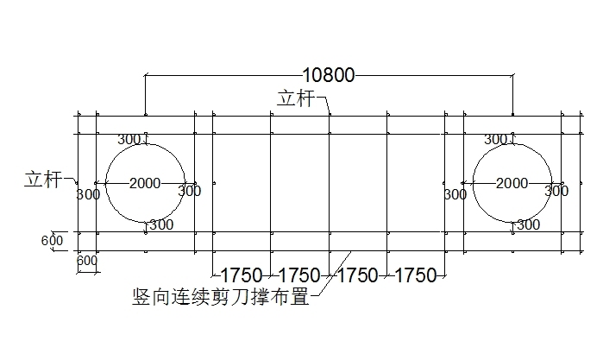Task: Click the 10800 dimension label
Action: tap(329, 76)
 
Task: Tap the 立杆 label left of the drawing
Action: tap(42, 180)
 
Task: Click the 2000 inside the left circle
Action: tap(145, 183)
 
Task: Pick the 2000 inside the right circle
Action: tap(512, 183)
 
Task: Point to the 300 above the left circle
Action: tap(129, 139)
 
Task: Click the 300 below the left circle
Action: tap(162, 224)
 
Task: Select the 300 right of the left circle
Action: tap(190, 192)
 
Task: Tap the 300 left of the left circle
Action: tap(88, 194)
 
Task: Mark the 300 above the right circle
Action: tap(496, 139)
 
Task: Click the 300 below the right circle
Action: tap(529, 224)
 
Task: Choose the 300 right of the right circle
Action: tap(557, 192)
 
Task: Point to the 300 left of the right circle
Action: tap(455, 194)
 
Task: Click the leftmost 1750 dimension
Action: tap(242, 275)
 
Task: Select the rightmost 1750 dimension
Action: tap(416, 275)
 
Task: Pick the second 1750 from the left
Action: tap(299, 275)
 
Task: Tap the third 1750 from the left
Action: tap(357, 275)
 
